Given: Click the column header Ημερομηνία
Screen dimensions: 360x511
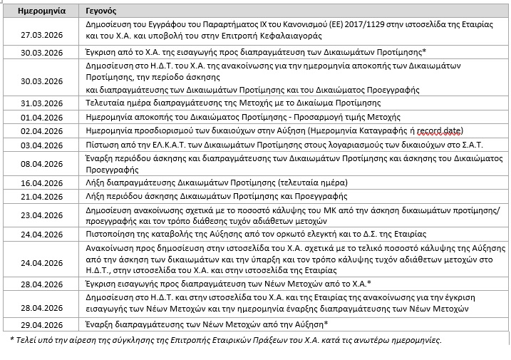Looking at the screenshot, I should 31,12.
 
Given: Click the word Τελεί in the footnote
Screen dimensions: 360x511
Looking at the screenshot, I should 25,339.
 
